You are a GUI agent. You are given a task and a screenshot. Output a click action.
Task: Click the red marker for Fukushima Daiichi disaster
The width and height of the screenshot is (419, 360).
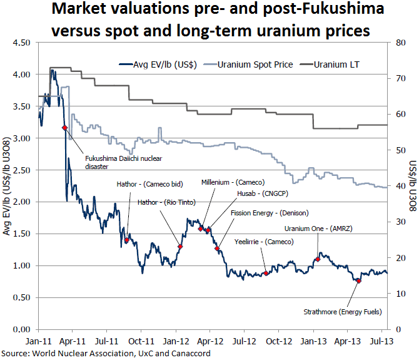(64, 128)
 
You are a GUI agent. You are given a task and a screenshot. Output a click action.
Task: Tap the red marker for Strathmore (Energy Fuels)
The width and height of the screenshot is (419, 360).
(358, 280)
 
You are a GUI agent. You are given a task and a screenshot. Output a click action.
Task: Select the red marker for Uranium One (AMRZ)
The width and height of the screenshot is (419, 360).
(318, 259)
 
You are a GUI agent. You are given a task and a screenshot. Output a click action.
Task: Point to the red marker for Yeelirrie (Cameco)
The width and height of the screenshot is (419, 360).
(266, 274)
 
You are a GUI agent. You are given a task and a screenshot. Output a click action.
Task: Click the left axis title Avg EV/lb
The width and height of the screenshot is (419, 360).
(8, 186)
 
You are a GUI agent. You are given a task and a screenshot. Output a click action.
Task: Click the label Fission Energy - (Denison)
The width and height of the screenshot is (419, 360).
(270, 213)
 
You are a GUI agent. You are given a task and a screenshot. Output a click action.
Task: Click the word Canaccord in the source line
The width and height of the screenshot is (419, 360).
(187, 353)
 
